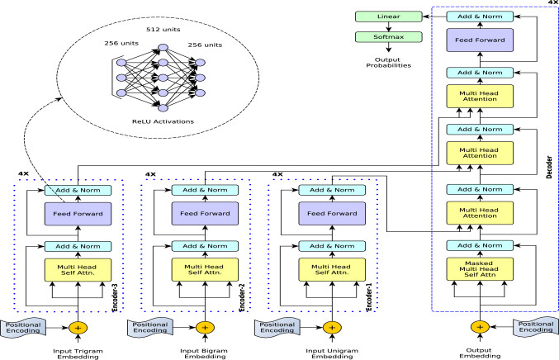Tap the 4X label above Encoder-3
pyautogui.click(x=24, y=174)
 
